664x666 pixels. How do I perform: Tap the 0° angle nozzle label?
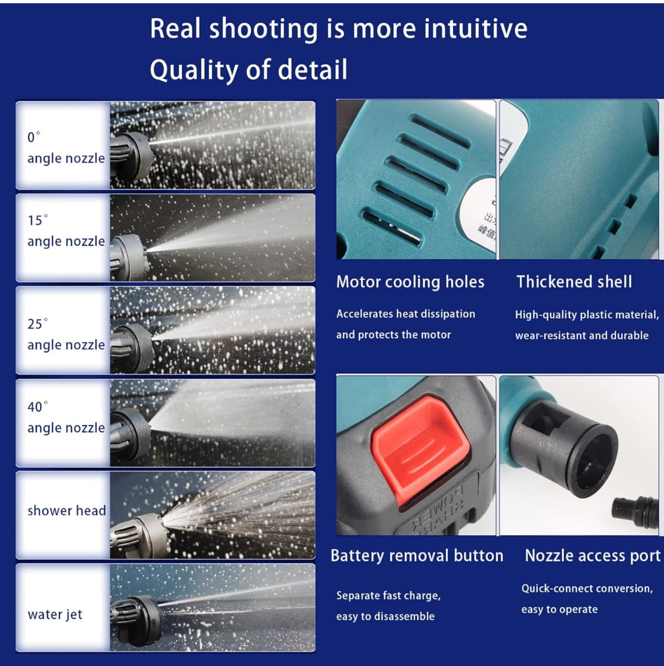click(x=66, y=148)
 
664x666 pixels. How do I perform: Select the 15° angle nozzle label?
click(x=66, y=230)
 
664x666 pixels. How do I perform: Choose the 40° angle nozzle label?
click(x=66, y=417)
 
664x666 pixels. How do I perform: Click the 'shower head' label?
click(x=67, y=510)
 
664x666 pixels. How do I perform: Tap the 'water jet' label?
click(x=55, y=614)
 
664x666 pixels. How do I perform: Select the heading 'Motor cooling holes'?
click(x=410, y=282)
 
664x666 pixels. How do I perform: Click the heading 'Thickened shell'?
click(x=574, y=282)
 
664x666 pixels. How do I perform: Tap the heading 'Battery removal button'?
click(x=417, y=556)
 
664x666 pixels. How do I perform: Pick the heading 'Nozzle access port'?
click(x=593, y=556)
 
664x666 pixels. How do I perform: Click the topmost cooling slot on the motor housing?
click(x=441, y=131)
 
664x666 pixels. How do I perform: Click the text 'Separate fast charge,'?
click(x=388, y=596)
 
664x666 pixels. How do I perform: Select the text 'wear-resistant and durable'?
click(x=582, y=335)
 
